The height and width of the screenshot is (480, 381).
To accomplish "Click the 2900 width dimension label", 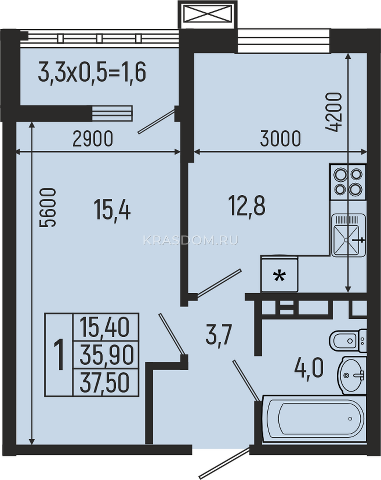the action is pyautogui.click(x=93, y=139).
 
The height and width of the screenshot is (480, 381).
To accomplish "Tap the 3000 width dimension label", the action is pyautogui.click(x=280, y=138).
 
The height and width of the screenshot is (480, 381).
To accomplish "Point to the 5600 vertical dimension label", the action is pyautogui.click(x=47, y=208).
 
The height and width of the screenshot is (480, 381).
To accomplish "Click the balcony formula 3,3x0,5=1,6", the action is pyautogui.click(x=92, y=72).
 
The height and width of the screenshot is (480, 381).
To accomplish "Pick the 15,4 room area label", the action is pyautogui.click(x=112, y=210).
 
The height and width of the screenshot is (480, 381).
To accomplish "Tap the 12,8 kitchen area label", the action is pyautogui.click(x=247, y=206).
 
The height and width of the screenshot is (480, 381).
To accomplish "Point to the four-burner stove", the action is pyautogui.click(x=348, y=182).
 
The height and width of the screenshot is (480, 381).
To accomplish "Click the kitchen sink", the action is pyautogui.click(x=349, y=236).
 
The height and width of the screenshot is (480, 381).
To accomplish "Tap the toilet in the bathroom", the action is pyautogui.click(x=348, y=341).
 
